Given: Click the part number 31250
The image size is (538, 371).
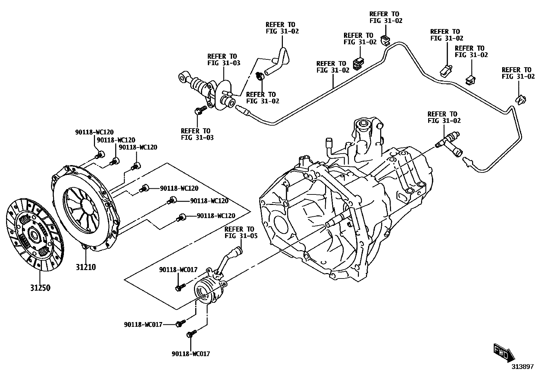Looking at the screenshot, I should tap(40, 288).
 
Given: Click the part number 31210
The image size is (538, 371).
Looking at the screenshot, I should tap(85, 267).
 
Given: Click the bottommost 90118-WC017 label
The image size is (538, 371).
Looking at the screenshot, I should tap(191, 354).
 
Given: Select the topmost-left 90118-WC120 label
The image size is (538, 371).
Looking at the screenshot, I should tap(94, 132).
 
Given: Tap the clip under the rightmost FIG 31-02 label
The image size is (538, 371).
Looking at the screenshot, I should tap(521, 99).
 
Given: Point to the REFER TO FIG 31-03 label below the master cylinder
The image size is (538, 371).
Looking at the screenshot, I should tap(197, 134).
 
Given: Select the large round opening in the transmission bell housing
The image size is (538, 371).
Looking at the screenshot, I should tap(280, 224).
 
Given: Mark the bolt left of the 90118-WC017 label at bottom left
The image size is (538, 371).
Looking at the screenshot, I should tap(181, 324).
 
